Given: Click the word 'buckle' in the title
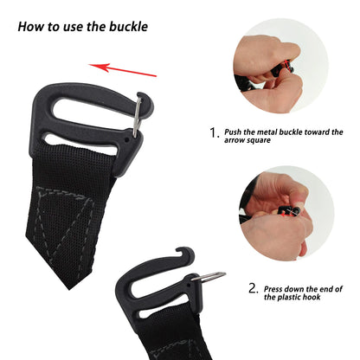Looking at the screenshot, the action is click(128, 27).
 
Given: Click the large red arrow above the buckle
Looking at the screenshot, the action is click(123, 70).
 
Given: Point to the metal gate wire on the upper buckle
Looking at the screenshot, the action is click(138, 117).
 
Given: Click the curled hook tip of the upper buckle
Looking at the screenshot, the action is click(145, 100).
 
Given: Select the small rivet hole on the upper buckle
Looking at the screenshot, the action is click(126, 140).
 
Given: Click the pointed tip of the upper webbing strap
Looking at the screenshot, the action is click(69, 288).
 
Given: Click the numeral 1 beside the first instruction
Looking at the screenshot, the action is click(213, 133).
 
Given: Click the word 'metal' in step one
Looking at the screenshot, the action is click(266, 132).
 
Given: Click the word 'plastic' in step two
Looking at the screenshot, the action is click(289, 297).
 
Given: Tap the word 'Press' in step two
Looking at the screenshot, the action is click(273, 289).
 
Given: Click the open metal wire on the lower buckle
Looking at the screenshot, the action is click(209, 276).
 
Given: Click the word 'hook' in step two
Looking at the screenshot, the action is click(312, 297).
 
